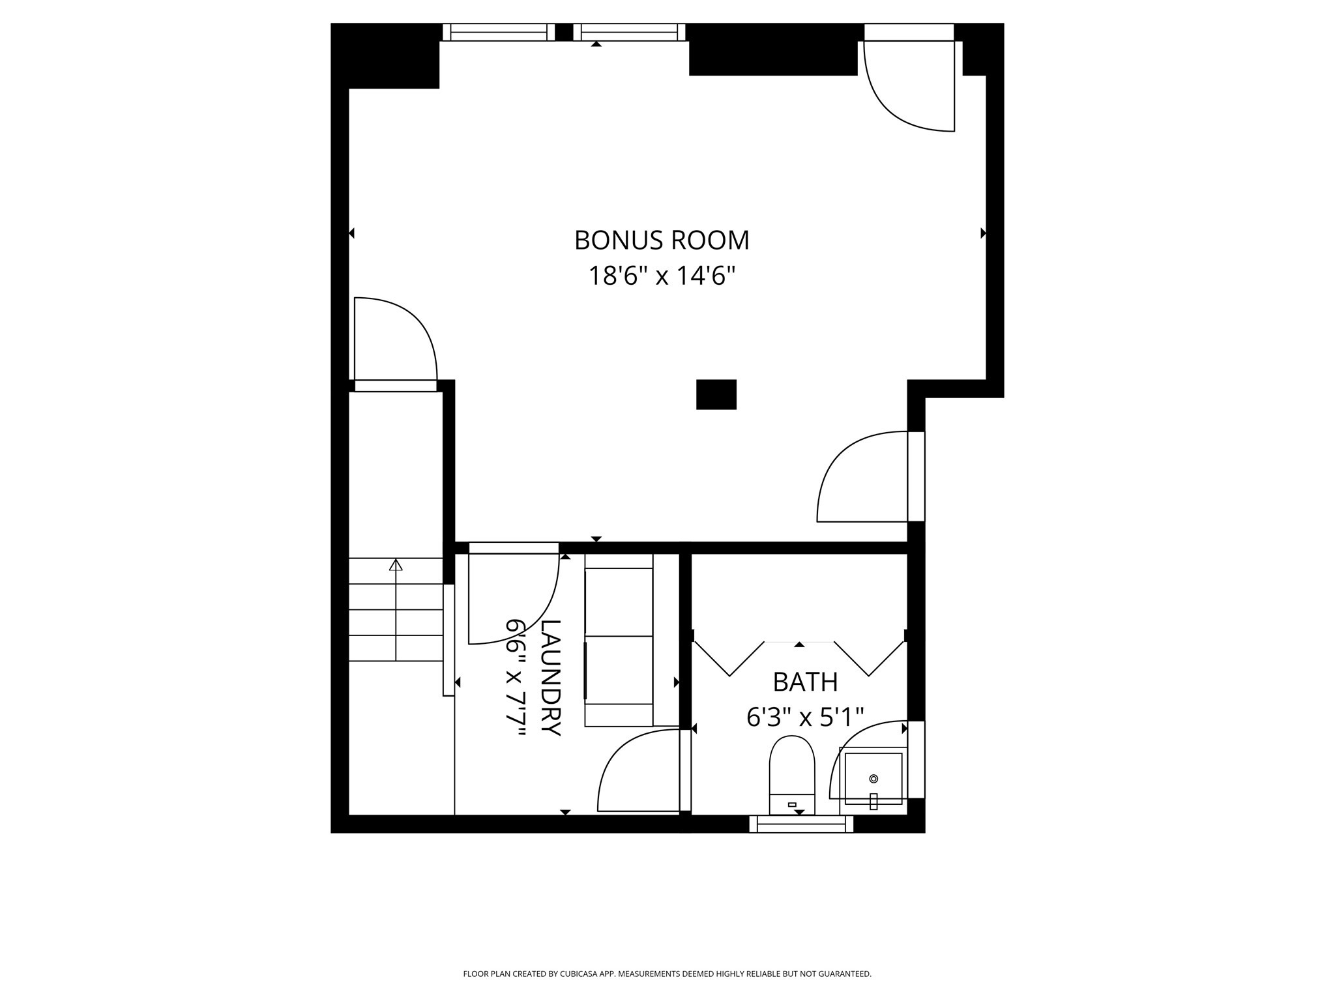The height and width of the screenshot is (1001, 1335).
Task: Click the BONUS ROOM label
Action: point(662,240)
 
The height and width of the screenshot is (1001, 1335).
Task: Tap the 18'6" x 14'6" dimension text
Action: point(662,276)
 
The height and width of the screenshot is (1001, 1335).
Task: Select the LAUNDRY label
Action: point(551,677)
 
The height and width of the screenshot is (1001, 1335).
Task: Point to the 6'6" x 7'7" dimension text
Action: point(516,677)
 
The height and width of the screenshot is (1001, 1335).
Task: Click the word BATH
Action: point(805,682)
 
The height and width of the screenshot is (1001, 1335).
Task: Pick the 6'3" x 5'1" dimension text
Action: point(805,718)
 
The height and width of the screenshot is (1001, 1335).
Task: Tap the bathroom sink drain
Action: point(873,778)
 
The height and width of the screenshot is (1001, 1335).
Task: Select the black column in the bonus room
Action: point(716,394)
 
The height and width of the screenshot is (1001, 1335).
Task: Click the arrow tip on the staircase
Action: point(396,564)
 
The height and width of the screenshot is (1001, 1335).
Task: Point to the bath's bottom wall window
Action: point(801,824)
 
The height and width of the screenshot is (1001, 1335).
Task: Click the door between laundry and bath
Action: point(642,772)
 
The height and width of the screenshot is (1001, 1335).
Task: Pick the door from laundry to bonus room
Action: point(513,596)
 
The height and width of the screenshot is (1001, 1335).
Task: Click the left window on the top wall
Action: point(499,32)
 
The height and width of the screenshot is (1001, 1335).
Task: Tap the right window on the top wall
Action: point(629,32)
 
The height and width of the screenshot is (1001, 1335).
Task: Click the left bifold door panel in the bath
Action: point(729,658)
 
